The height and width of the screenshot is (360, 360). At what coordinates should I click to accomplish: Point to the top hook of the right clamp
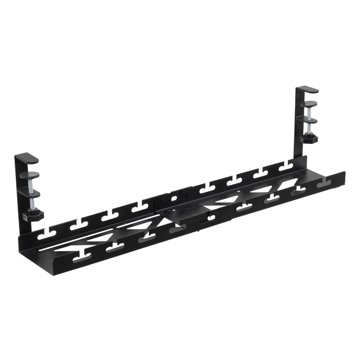tap(310, 90)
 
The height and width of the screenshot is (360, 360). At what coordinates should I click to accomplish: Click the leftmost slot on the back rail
tap(44, 233)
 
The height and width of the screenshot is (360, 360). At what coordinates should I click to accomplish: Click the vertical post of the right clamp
tap(299, 126)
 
